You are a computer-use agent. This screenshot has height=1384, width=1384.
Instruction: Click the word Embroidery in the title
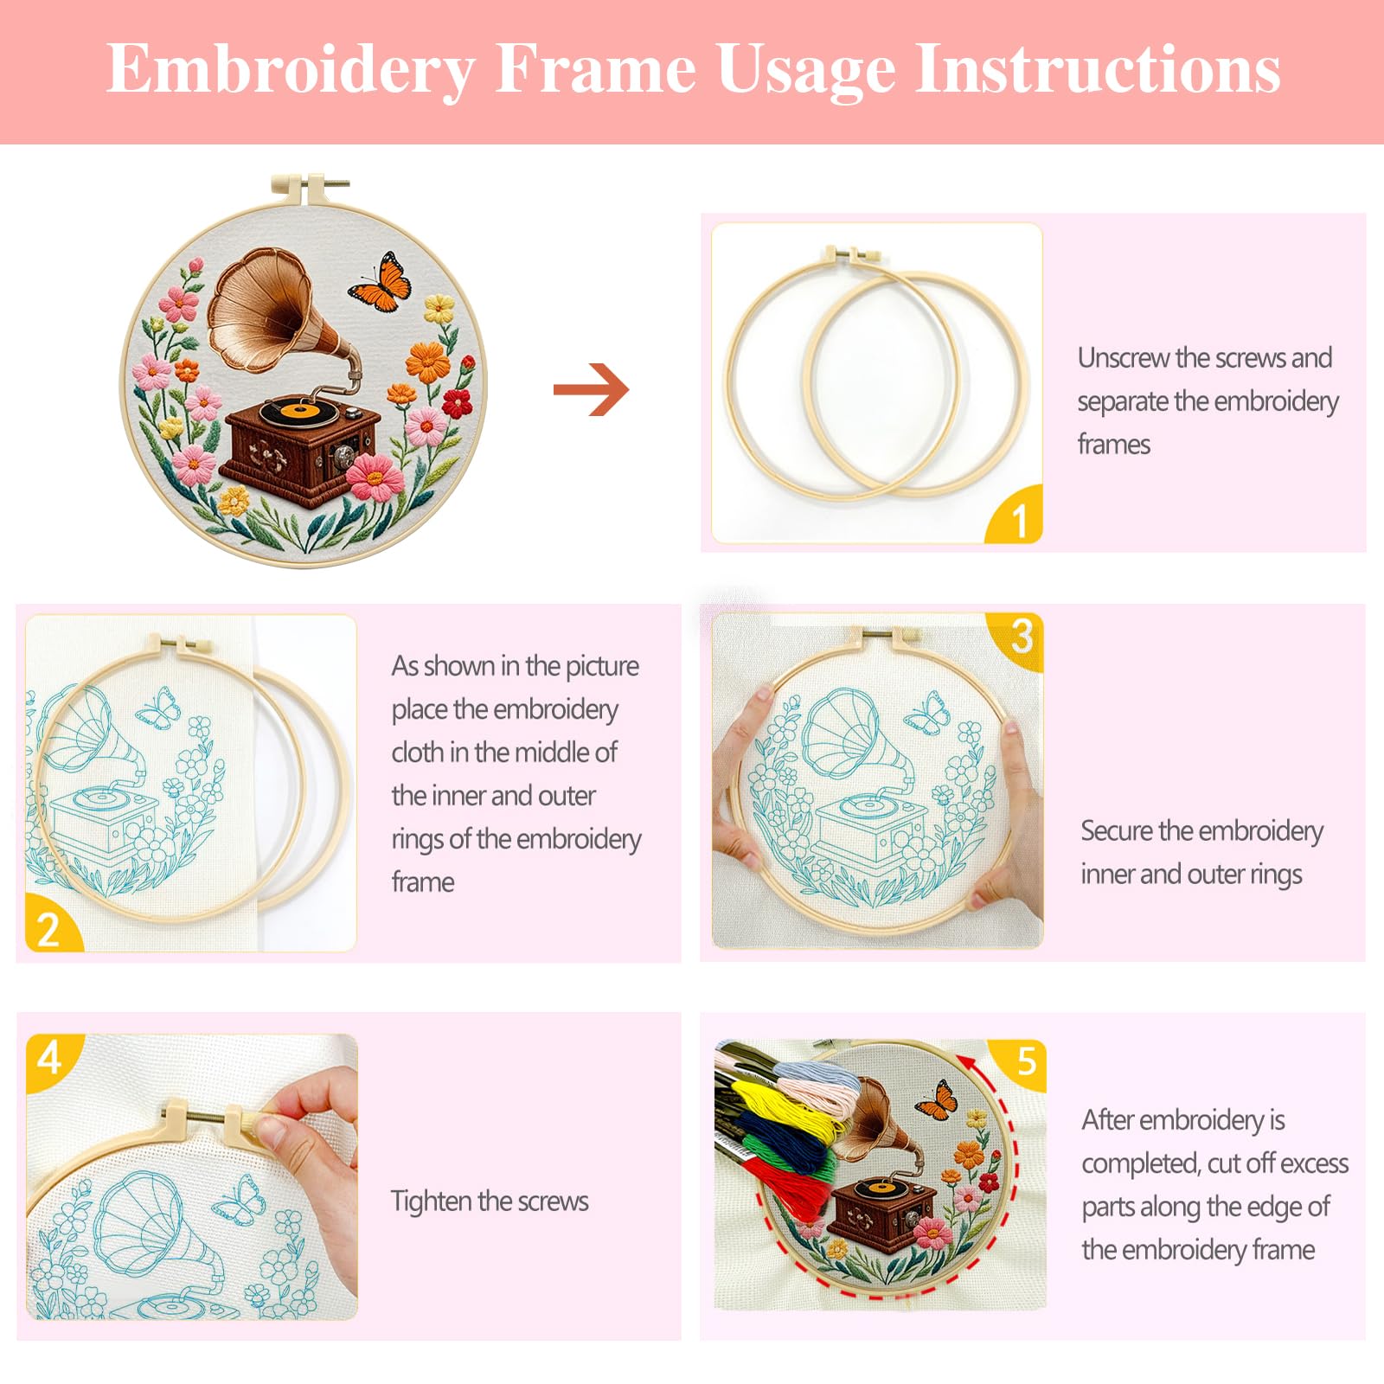pos(292,70)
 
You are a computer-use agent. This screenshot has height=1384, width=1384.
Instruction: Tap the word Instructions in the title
pos(1098,68)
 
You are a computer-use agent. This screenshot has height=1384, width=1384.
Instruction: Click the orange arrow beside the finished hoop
pos(592,390)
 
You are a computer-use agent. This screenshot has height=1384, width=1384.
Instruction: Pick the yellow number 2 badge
pos(52,924)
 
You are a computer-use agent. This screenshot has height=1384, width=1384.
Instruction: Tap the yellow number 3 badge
pos(1018,640)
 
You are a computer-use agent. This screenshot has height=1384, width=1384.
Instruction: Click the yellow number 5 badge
pos(1021,1063)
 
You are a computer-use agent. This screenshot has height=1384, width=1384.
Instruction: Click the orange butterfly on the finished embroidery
pos(381,281)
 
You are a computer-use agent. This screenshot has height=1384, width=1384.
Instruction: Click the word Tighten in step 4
pos(431,1201)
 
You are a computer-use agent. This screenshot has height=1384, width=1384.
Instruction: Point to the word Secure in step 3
pos(1117,830)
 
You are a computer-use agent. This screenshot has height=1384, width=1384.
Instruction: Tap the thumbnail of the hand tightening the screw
pos(192,1176)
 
